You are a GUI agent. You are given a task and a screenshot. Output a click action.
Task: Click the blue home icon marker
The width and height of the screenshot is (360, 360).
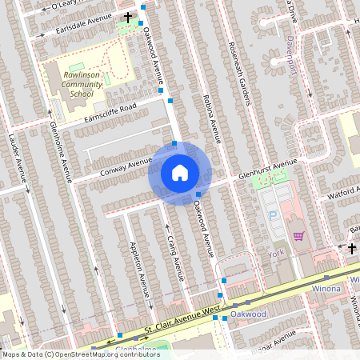[180, 173]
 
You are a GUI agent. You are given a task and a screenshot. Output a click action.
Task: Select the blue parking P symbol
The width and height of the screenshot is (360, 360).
[271, 215]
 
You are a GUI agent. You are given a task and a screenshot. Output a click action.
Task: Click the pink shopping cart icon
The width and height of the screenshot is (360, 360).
[298, 236]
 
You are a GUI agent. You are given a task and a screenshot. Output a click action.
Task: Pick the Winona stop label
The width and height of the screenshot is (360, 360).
[326, 288]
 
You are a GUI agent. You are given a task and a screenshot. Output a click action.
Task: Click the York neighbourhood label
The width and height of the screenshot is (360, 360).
[276, 254]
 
